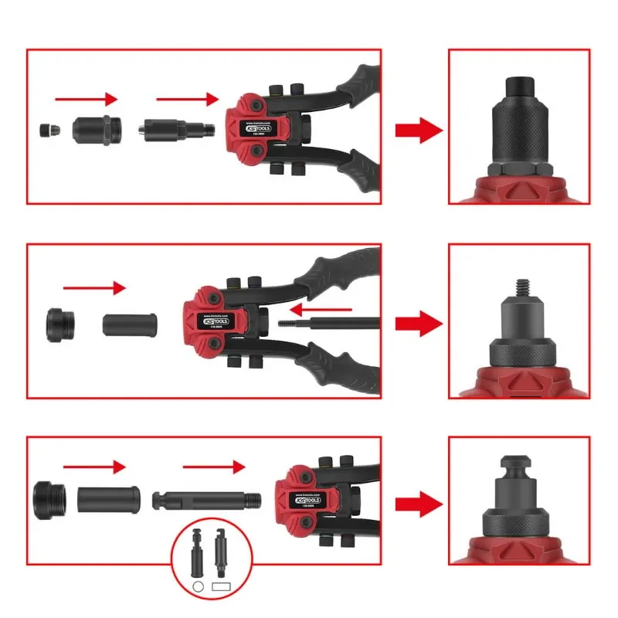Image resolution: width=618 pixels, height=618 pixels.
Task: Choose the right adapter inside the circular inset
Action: click(x=221, y=553)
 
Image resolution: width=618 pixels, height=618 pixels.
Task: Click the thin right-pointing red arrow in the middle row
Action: click(x=93, y=288)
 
